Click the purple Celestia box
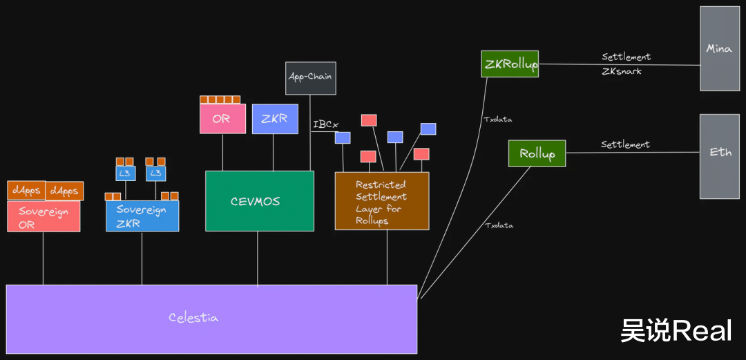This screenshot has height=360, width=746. [211, 319]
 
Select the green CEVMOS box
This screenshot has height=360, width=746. [260, 201]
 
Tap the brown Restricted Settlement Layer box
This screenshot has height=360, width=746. [381, 201]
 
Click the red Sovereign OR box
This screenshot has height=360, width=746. [44, 216]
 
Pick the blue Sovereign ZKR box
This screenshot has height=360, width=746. [142, 216]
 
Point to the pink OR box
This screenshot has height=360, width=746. [222, 119]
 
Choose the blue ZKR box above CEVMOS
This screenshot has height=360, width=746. [274, 119]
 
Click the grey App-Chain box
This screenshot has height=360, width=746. [311, 78]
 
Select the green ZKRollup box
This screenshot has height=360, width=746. [510, 64]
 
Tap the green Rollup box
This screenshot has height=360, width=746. [537, 153]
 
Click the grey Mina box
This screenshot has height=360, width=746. [719, 49]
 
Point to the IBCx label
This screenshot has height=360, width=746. [325, 125]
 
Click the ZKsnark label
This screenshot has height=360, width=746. [621, 71]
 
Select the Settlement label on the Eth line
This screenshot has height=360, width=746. [625, 145]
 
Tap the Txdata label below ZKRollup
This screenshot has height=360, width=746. [498, 120]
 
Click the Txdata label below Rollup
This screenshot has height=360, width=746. [499, 225]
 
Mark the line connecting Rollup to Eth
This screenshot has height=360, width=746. [632, 152]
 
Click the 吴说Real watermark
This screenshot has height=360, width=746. [676, 331]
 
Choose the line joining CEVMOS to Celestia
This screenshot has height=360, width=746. [258, 258]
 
